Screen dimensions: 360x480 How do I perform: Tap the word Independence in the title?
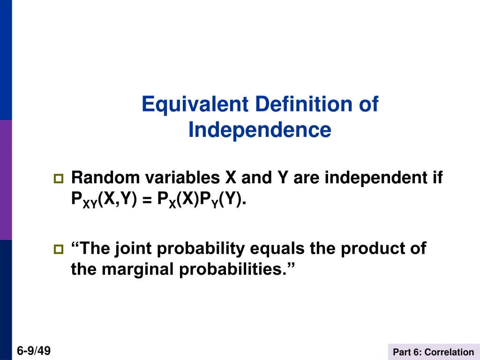[260, 130]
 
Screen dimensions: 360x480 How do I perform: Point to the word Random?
[105, 178]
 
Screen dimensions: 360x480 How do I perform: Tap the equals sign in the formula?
[147, 200]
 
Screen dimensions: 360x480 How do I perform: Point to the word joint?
[134, 249]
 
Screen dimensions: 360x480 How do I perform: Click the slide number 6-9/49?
[34, 351]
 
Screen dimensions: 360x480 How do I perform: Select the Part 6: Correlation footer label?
[434, 352]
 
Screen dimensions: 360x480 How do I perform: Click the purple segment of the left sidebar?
[6, 180]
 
